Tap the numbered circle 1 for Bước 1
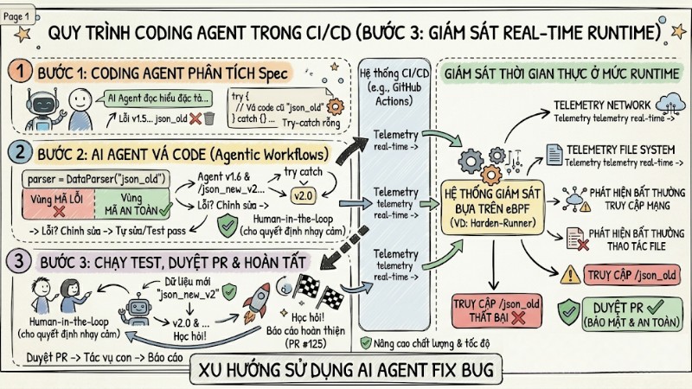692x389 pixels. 20,71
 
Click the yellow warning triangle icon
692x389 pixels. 569,276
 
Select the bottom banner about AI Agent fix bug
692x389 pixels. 346,371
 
